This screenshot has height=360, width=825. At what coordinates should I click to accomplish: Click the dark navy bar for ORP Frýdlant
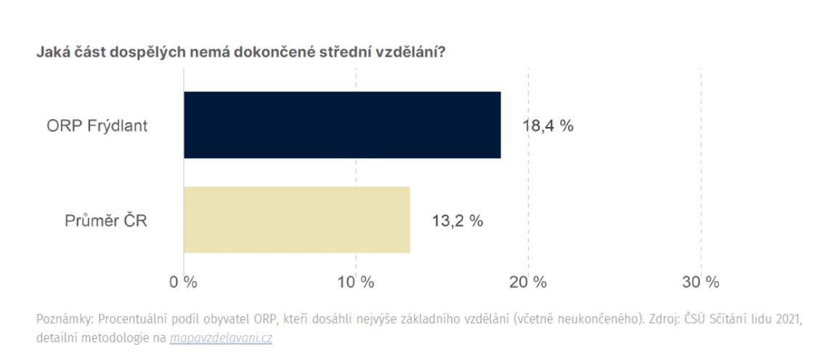pos(341,125)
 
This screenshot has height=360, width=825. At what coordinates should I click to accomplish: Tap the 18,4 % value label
pos(548,126)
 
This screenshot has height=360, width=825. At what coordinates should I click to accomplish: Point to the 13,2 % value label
pos(458,221)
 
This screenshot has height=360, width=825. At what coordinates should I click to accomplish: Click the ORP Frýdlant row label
pos(97,126)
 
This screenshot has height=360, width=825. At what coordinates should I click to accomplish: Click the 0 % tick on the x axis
pos(184,282)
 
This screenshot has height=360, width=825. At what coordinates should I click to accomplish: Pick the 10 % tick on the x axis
pos(356,282)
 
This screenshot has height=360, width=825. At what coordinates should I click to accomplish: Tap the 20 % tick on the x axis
pos(528,282)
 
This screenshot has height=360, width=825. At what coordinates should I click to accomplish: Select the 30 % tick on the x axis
pos(700,282)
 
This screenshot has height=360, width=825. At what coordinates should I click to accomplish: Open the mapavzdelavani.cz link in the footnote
pos(221,337)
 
